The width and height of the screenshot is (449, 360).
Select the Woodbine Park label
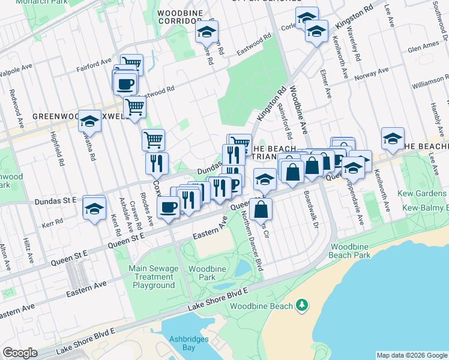202,273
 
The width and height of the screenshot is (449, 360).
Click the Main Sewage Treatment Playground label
154,277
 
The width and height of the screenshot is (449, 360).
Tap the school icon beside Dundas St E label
94,209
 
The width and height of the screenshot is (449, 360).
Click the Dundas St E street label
56,200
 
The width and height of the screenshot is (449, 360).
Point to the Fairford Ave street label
94,65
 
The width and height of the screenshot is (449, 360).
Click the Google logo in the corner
20,353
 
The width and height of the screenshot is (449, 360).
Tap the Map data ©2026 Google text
411,355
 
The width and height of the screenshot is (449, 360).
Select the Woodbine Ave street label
298,110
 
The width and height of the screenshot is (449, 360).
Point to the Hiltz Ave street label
27,250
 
